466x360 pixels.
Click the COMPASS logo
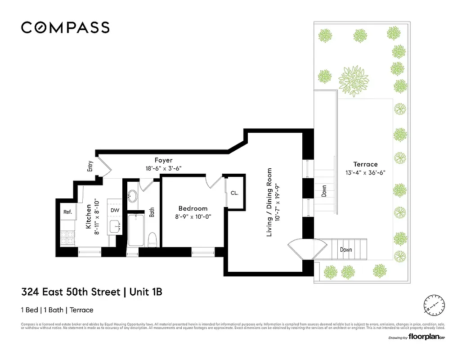pos(65,27)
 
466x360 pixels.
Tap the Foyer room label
pos(163,160)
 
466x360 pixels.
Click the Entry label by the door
pos(90,166)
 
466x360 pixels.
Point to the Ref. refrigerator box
pos(67,211)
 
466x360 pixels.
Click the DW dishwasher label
pos(115,210)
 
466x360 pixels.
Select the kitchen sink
pos(115,226)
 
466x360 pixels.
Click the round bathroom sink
pos(132,196)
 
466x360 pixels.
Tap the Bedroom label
pos(193,208)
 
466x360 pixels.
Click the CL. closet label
pos(234,193)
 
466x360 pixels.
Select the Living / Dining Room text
pos(269,202)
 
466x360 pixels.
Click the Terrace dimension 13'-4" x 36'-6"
pos(365,172)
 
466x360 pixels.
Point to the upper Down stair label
pos(324,191)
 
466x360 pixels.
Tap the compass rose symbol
pos(435,305)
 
